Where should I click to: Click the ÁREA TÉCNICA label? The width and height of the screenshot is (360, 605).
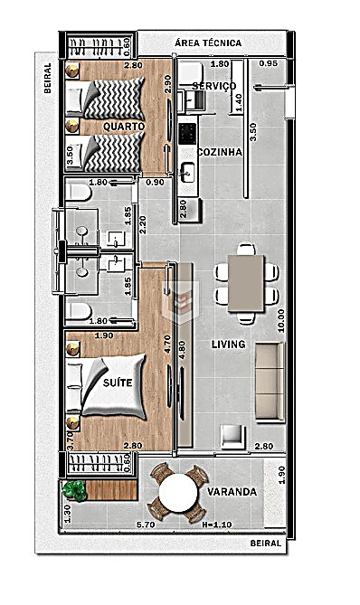pos(208,43)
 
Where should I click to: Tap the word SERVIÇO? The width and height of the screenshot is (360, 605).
pos(214,86)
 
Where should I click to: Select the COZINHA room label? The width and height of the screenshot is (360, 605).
pos(220,152)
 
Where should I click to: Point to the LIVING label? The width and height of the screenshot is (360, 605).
pos(229,344)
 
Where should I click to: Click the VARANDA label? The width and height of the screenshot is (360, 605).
pos(232,492)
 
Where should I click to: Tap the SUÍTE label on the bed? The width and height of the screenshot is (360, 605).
pos(118,383)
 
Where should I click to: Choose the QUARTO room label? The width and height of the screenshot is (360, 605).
pos(124,127)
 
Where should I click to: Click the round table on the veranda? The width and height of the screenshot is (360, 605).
pos(178,493)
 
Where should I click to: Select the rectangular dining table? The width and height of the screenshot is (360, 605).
pos(246,283)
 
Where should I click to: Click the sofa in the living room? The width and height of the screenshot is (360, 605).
pos(270,381)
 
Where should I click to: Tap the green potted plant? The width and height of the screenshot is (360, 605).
pos(74,490)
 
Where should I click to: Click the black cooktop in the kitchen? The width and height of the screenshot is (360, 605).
pos(187,134)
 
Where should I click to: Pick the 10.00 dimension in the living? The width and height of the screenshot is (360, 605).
pos(281,320)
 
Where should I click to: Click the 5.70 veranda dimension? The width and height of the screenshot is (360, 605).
pos(146,525)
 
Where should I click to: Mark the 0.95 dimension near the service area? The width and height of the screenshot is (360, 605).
pos(268,63)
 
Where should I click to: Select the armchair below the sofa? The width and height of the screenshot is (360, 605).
pos(233,436)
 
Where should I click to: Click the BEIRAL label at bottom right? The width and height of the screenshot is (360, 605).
pos(265,543)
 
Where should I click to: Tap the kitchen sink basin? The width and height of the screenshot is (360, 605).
pos(188,171)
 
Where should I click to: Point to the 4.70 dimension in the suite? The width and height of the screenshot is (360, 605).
pos(167,345)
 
